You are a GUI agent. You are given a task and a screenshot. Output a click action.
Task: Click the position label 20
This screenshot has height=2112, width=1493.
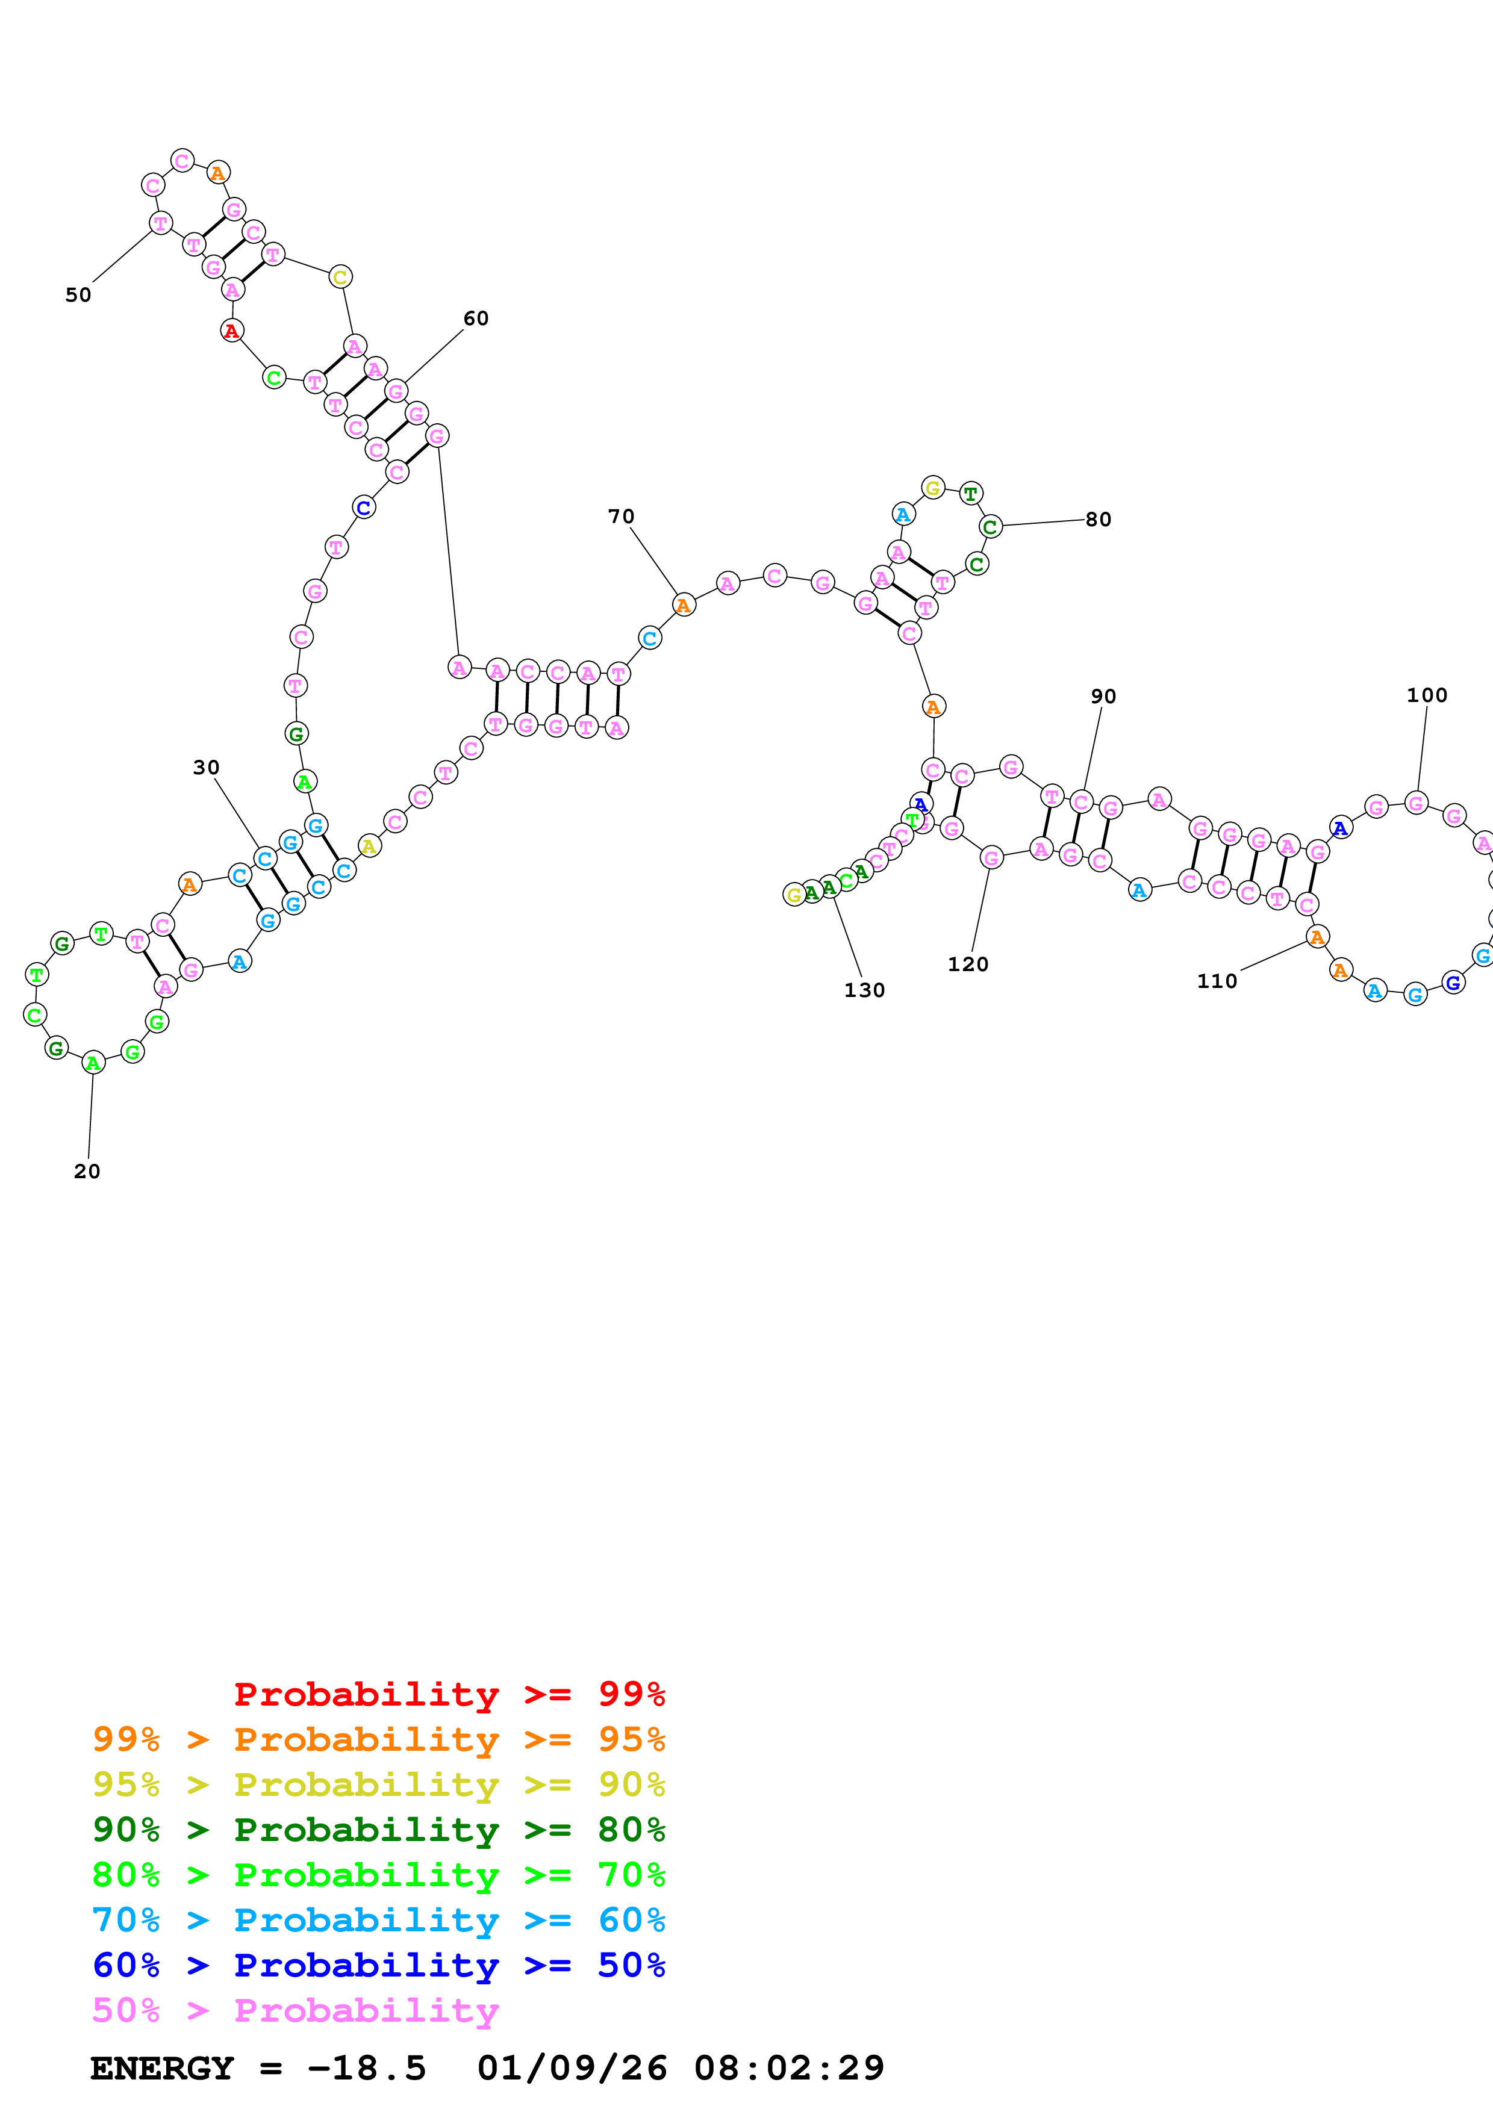(x=87, y=1171)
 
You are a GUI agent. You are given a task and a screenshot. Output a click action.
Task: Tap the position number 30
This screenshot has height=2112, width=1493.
(x=206, y=767)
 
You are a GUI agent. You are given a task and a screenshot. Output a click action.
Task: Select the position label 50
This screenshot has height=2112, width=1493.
(x=78, y=295)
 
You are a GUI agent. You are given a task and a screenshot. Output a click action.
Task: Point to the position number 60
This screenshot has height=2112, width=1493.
(x=476, y=318)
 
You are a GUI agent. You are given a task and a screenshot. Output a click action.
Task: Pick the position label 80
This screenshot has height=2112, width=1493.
(x=1099, y=520)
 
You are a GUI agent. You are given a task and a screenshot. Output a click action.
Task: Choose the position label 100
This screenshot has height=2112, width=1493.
(x=1427, y=695)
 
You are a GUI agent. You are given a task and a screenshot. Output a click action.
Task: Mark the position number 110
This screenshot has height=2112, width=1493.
(x=1217, y=981)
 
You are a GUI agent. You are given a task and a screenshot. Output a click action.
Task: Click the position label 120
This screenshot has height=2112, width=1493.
(x=968, y=964)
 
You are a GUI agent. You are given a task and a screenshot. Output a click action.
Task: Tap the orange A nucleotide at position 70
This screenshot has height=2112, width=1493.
(x=682, y=605)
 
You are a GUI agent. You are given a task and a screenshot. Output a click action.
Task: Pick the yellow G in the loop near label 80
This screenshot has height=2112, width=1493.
(x=933, y=488)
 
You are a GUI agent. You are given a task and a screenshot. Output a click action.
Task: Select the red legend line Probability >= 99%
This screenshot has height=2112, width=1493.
(x=449, y=1694)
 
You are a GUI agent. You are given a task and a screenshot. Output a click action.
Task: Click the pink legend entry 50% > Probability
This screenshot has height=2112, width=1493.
(x=295, y=2010)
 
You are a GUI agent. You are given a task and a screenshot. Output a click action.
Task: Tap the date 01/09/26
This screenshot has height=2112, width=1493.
(x=572, y=2068)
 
